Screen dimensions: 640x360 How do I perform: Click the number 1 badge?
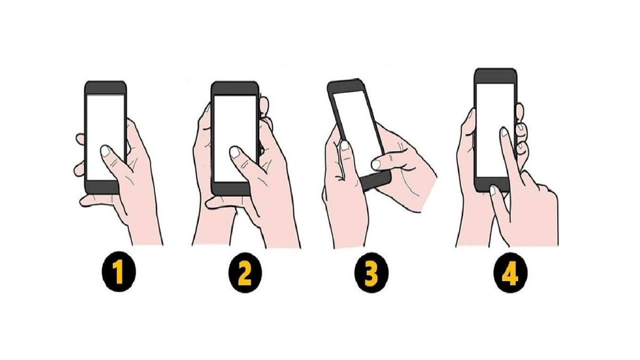pyautogui.click(x=119, y=271)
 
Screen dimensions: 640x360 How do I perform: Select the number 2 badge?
pyautogui.click(x=245, y=272)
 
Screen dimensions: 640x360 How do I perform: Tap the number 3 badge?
pyautogui.click(x=371, y=272)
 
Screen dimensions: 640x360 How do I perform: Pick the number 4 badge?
pyautogui.click(x=510, y=272)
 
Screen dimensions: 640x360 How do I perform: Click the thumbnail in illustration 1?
pyautogui.click(x=105, y=150)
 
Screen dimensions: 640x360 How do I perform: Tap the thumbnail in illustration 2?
pyautogui.click(x=235, y=152)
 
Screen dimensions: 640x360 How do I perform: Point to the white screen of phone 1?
pyautogui.click(x=105, y=137)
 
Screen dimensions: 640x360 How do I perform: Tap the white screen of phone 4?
pyautogui.click(x=495, y=130)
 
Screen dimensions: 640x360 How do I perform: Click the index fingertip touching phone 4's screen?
pyautogui.click(x=504, y=132)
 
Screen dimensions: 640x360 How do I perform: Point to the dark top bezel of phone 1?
pyautogui.click(x=105, y=87)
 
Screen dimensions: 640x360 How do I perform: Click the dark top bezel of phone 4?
pyautogui.click(x=495, y=76)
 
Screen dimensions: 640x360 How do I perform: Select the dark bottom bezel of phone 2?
pyautogui.click(x=231, y=188)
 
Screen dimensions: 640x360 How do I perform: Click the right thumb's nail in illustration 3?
pyautogui.click(x=376, y=164)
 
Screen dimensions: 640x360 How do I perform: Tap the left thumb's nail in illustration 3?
pyautogui.click(x=344, y=145)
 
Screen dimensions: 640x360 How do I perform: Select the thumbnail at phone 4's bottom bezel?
pyautogui.click(x=493, y=190)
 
